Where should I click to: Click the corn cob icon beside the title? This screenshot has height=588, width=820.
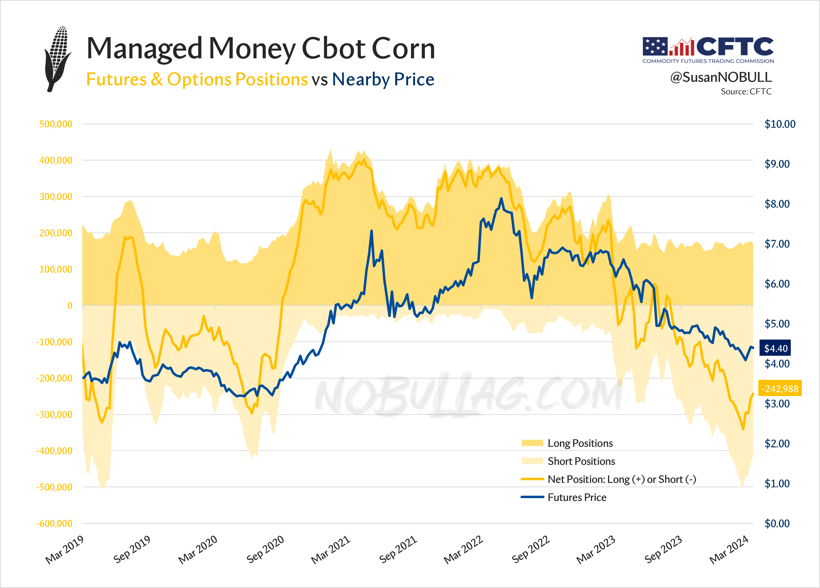click(x=58, y=59)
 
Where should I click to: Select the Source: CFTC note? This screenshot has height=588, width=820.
click(x=746, y=92)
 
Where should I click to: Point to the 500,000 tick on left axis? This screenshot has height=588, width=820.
click(x=56, y=124)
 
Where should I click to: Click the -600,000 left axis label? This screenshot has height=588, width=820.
click(x=54, y=523)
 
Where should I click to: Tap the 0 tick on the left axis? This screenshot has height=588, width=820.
click(x=70, y=306)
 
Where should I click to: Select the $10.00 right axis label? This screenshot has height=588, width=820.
click(x=779, y=124)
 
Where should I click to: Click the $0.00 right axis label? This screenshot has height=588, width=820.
click(x=777, y=523)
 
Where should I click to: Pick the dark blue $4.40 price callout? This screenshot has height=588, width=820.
click(x=775, y=348)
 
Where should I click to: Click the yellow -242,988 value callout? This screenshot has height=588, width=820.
click(x=779, y=389)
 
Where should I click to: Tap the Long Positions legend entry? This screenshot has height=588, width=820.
click(x=580, y=443)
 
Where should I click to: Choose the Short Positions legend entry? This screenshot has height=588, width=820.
click(x=581, y=461)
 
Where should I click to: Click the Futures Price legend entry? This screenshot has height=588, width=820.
click(x=577, y=497)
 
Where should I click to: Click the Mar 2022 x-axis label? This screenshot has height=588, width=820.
click(x=463, y=549)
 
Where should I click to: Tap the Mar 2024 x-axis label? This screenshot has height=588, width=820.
click(x=729, y=549)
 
